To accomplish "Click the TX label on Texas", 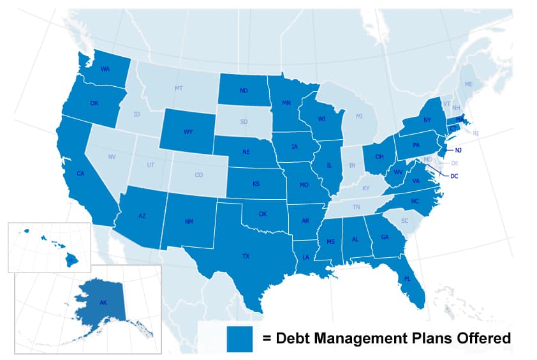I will [x=246, y=256].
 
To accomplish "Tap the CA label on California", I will [x=80, y=174].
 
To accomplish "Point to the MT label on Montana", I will [x=179, y=87].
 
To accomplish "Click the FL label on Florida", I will [x=407, y=278].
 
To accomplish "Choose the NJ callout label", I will [x=458, y=150].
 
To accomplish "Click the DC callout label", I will [x=454, y=176].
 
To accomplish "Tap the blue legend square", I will [x=240, y=338].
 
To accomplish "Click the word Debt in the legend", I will [x=295, y=338].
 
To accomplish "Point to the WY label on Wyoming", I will [x=188, y=132].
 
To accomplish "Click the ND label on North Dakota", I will [x=244, y=91].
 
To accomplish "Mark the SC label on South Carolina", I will [x=404, y=221].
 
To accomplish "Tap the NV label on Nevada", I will [x=112, y=156].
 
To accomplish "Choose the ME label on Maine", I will [x=469, y=84].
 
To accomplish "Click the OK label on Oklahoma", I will [x=263, y=214].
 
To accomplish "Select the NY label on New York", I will [x=427, y=119].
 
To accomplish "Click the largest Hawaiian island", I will [x=73, y=259].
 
